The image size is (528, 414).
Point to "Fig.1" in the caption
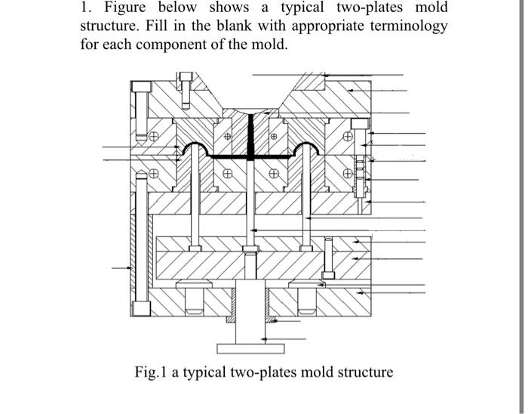coord(151,372)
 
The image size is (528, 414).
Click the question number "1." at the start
coord(87,8)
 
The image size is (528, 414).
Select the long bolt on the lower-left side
coord(140,242)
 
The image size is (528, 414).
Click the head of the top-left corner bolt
coord(140,85)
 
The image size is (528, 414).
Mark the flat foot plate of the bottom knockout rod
coord(249,348)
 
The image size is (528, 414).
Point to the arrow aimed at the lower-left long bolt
coord(121,267)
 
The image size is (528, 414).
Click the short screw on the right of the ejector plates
coord(330,257)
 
